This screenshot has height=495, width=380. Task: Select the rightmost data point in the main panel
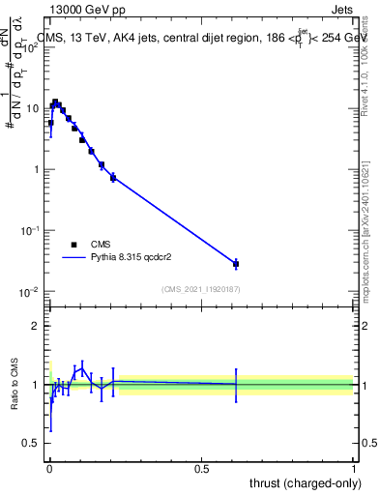tap(236, 263)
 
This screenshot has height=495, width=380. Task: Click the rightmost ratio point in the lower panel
tap(236, 384)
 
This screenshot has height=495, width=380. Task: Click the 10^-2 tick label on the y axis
tap(31, 292)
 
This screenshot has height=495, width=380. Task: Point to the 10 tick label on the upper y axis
tap(33, 108)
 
